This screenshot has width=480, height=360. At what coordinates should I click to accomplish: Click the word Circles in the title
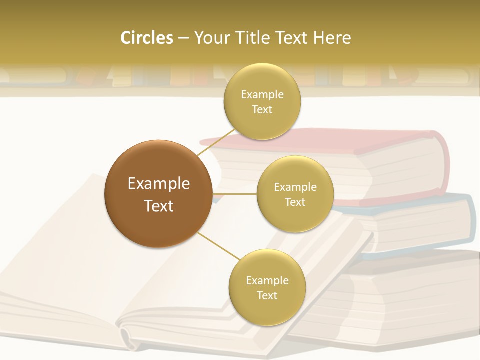(x=146, y=38)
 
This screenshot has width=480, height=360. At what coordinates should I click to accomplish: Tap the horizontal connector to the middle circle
(x=235, y=194)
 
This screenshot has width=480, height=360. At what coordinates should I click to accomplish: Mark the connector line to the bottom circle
(x=218, y=246)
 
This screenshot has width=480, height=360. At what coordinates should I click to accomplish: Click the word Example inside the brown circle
(x=159, y=183)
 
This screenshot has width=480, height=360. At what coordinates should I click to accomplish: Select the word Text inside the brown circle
(x=159, y=206)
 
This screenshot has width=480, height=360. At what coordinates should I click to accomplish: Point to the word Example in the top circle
(x=262, y=94)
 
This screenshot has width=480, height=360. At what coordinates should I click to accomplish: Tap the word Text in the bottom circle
(x=267, y=295)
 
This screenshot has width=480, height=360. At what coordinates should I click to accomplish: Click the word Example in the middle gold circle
(x=295, y=187)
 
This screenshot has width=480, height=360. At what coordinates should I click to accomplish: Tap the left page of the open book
(x=65, y=240)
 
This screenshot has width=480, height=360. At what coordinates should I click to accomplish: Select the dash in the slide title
(x=183, y=38)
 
